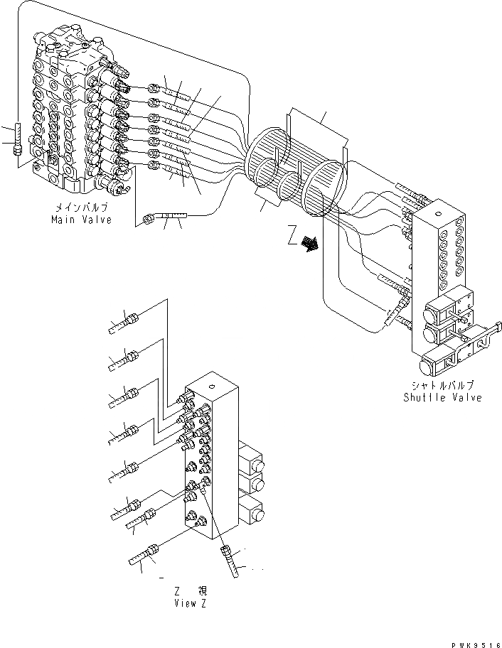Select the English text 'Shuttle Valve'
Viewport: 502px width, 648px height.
442,398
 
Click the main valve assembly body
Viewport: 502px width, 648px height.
71,114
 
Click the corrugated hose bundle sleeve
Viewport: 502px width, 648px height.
295,171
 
